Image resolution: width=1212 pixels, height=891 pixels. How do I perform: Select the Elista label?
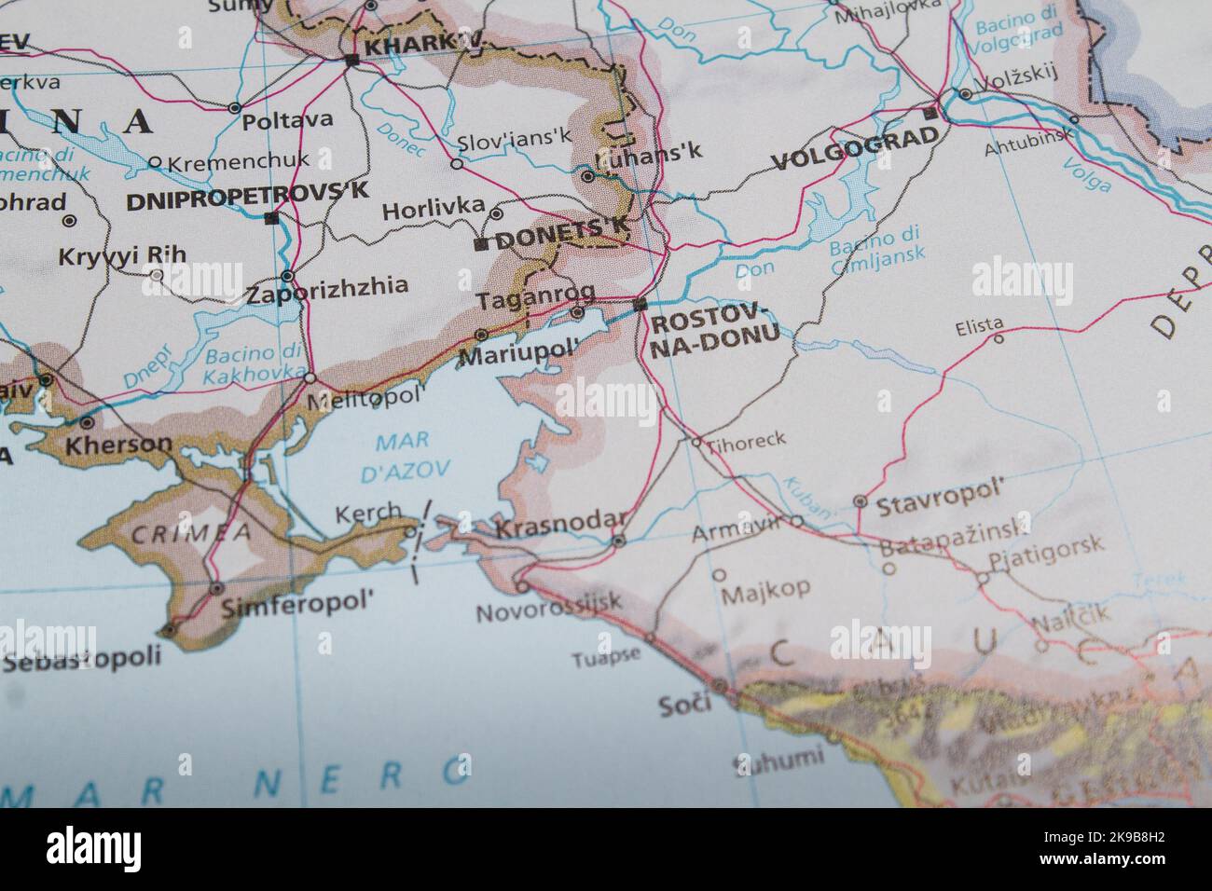click(x=979, y=327)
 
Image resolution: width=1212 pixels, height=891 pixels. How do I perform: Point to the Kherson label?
click(x=118, y=445)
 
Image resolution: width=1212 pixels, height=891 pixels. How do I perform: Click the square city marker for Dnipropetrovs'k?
click(x=270, y=218)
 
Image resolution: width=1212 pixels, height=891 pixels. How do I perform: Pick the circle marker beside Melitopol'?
click(x=310, y=378)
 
